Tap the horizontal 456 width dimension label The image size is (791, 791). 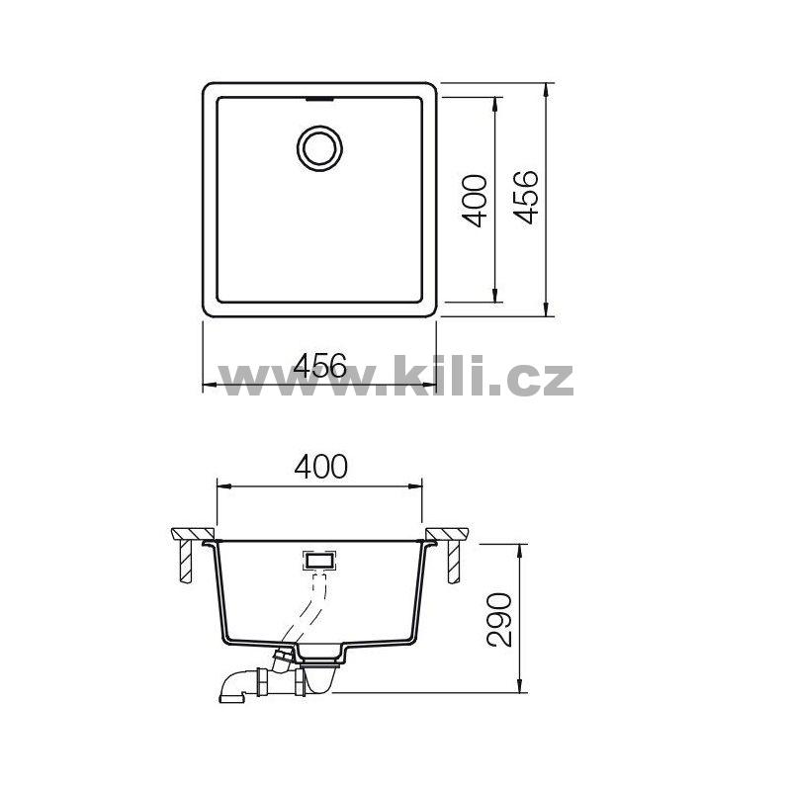320,365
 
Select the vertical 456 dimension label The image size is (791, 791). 527,197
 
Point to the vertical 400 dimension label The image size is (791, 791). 475,201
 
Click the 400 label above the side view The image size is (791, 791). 320,467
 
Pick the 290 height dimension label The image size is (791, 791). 499,620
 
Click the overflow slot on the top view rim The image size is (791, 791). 319,100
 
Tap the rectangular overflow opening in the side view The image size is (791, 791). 319,560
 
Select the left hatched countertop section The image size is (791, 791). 192,534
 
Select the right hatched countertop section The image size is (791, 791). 447,534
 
